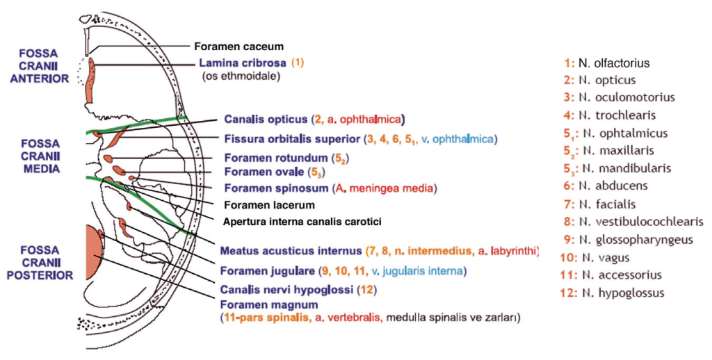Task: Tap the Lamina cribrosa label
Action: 240,63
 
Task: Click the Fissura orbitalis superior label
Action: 291,139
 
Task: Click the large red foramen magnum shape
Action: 91,252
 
